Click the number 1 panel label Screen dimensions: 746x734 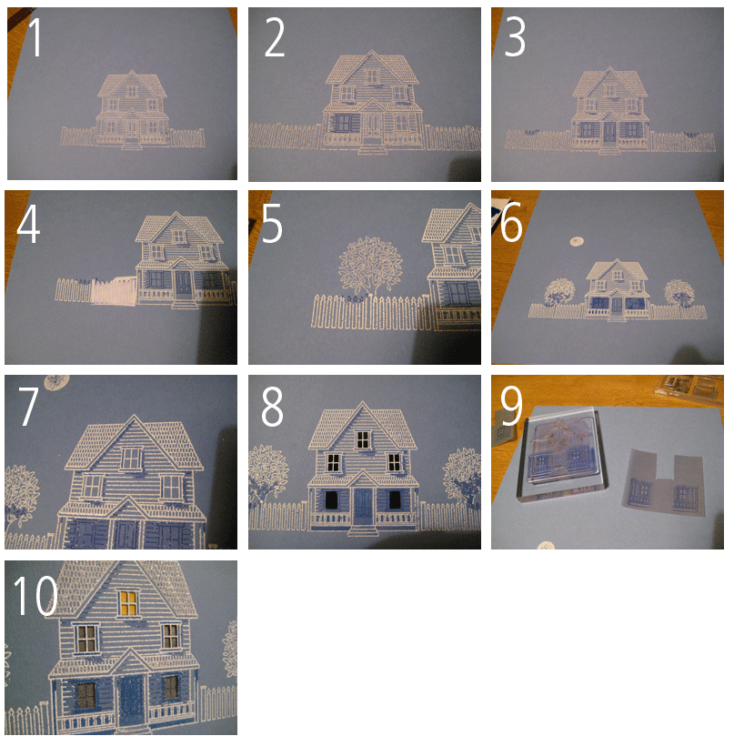pyautogui.click(x=35, y=38)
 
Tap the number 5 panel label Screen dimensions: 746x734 pyautogui.click(x=272, y=224)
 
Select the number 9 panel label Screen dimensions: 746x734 pyautogui.click(x=512, y=408)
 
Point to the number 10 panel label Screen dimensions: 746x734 pyautogui.click(x=35, y=596)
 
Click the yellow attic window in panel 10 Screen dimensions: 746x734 pyautogui.click(x=127, y=601)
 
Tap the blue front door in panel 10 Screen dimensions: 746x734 pyautogui.click(x=133, y=700)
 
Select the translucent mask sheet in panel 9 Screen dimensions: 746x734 pyautogui.click(x=661, y=486)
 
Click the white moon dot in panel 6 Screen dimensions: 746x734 pyautogui.click(x=575, y=241)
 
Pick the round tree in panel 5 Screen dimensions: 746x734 pyautogui.click(x=369, y=265)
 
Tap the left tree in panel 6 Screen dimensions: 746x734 pyautogui.click(x=559, y=293)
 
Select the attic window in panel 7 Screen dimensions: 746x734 pyautogui.click(x=133, y=459)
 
